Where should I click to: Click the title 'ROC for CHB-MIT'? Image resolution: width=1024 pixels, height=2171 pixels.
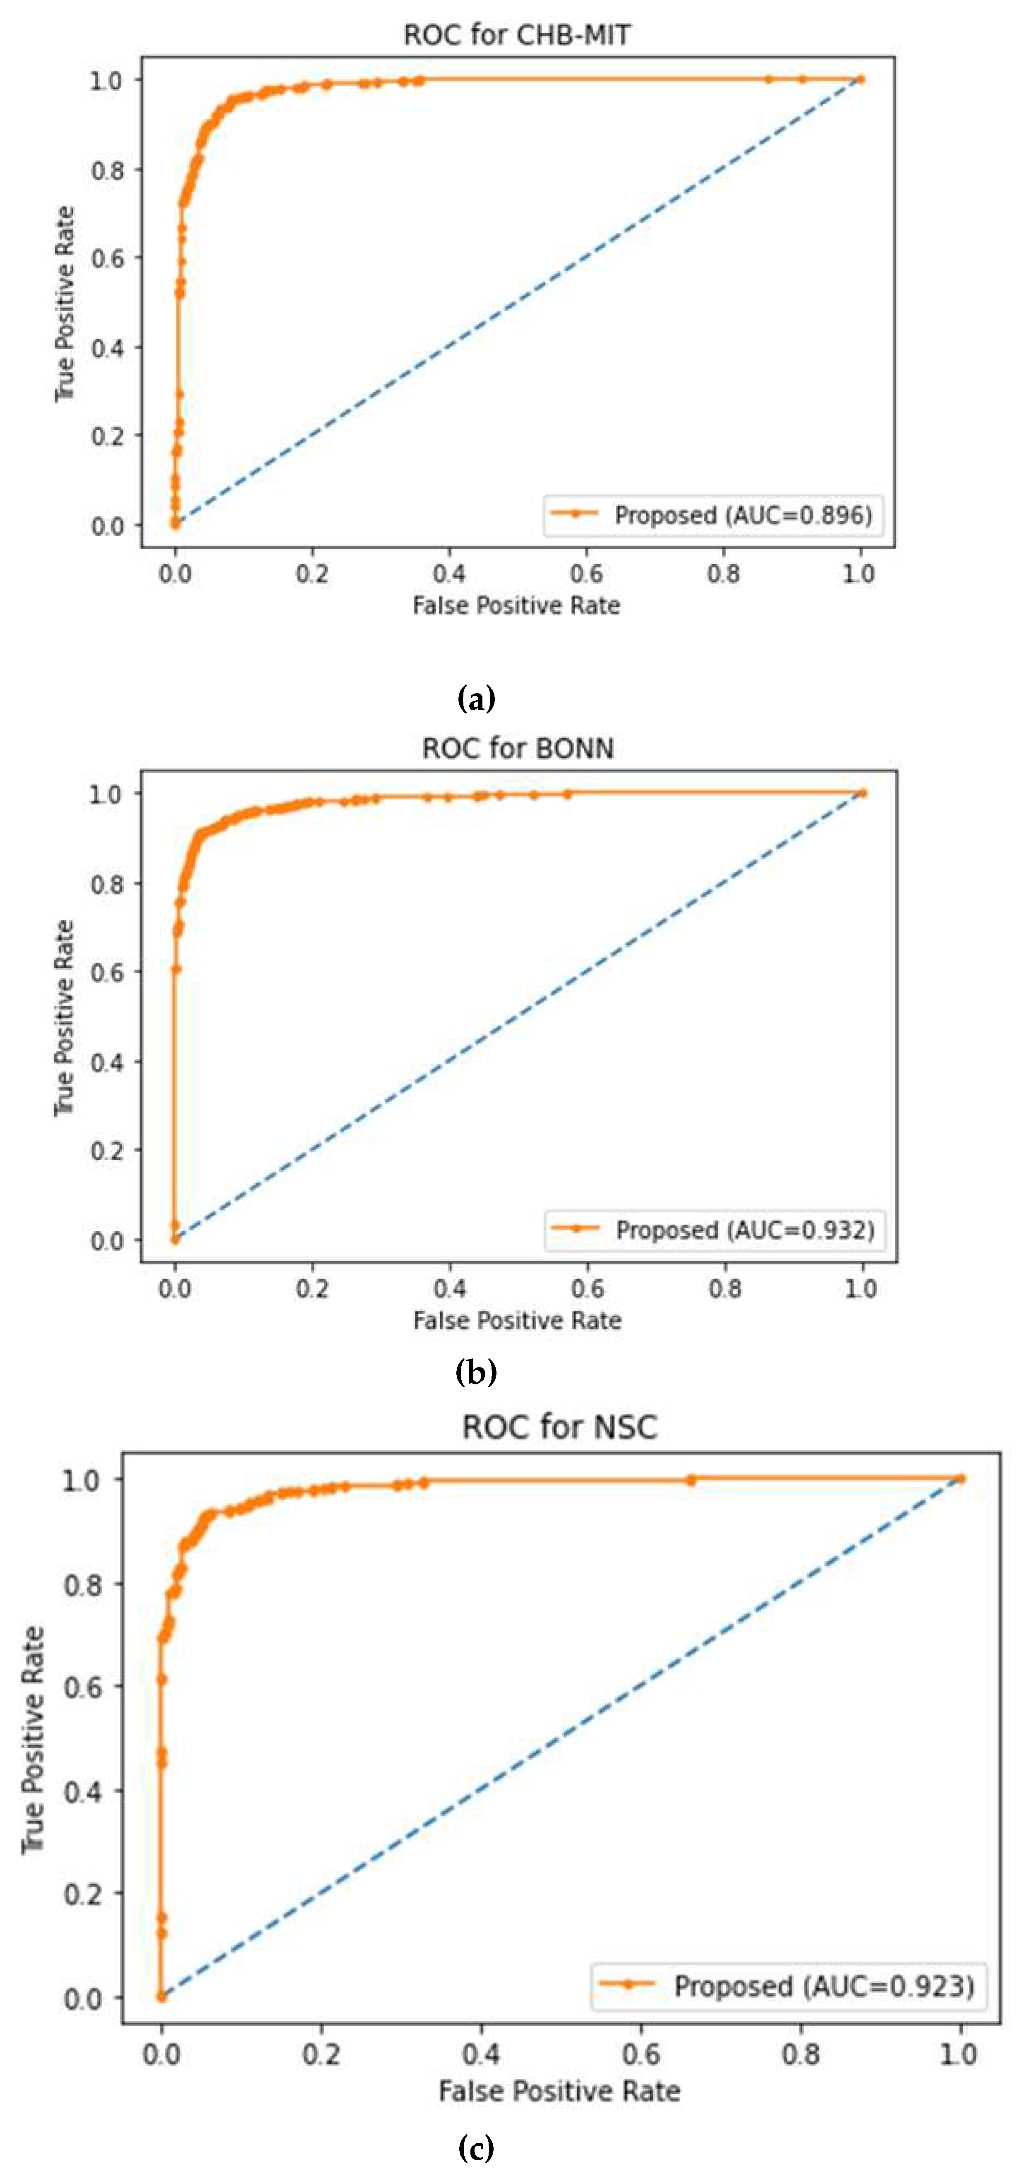pos(517,35)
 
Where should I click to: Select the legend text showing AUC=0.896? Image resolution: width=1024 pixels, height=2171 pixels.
pos(743,515)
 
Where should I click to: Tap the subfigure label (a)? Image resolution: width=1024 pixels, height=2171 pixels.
pos(475,699)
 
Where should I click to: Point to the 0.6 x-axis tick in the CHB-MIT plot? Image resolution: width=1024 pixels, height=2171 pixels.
pos(587,574)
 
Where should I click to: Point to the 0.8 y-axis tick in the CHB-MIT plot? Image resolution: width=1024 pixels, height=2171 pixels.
pos(107,170)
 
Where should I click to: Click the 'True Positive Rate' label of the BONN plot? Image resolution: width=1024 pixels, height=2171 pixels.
pos(64,1018)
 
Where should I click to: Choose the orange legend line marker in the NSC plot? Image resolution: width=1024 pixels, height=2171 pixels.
pos(627,1984)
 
